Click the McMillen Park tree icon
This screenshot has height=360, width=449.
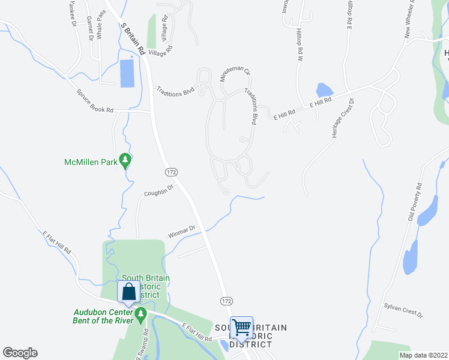coord(125,160)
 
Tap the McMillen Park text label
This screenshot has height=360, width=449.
coord(90,162)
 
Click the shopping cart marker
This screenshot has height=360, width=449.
coord(241,328)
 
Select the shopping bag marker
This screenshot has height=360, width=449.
coord(128,292)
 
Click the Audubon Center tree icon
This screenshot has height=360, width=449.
coord(140,313)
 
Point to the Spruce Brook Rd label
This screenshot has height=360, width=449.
coord(95,101)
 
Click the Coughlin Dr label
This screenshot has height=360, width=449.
coord(158,191)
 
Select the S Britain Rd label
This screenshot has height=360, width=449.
coord(133,40)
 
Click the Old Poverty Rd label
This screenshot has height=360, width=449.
coord(415,202)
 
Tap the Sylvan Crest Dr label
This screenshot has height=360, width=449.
coord(403,310)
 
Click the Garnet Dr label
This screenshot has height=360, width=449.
coord(89,27)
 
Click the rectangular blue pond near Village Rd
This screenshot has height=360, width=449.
coord(127,73)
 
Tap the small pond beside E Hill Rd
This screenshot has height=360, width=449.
coord(323,90)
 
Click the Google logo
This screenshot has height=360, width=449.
coord(20,353)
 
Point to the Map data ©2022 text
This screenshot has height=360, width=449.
coord(423,355)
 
